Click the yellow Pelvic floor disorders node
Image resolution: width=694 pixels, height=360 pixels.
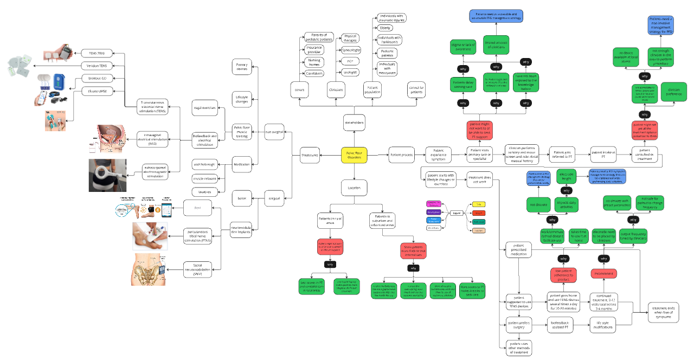coord(354,156)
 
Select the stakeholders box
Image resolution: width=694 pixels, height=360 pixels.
coord(354,123)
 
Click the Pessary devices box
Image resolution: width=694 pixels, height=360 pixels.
coord(241,67)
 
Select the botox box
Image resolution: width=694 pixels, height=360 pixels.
coord(241,198)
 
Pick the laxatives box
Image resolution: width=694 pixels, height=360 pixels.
coord(204,191)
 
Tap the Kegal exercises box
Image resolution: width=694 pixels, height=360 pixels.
coord(204,108)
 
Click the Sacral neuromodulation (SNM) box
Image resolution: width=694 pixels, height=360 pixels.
coord(197,268)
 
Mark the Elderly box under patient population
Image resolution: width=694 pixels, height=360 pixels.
coord(385,28)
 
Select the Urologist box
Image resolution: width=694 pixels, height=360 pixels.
coord(350,72)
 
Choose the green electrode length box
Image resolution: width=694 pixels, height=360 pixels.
coord(566,176)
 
